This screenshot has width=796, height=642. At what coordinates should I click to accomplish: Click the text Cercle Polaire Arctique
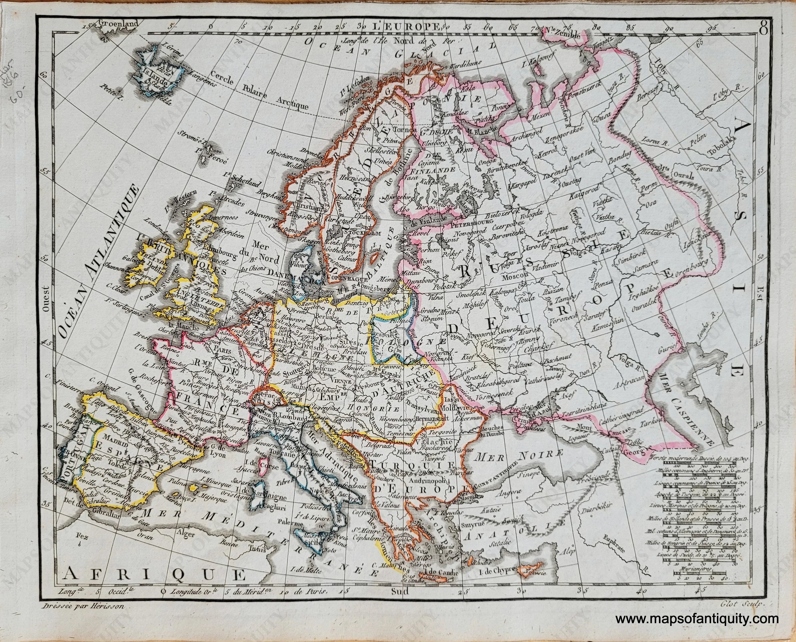[x=259, y=93]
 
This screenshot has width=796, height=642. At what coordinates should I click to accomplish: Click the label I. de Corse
[x=258, y=463]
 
